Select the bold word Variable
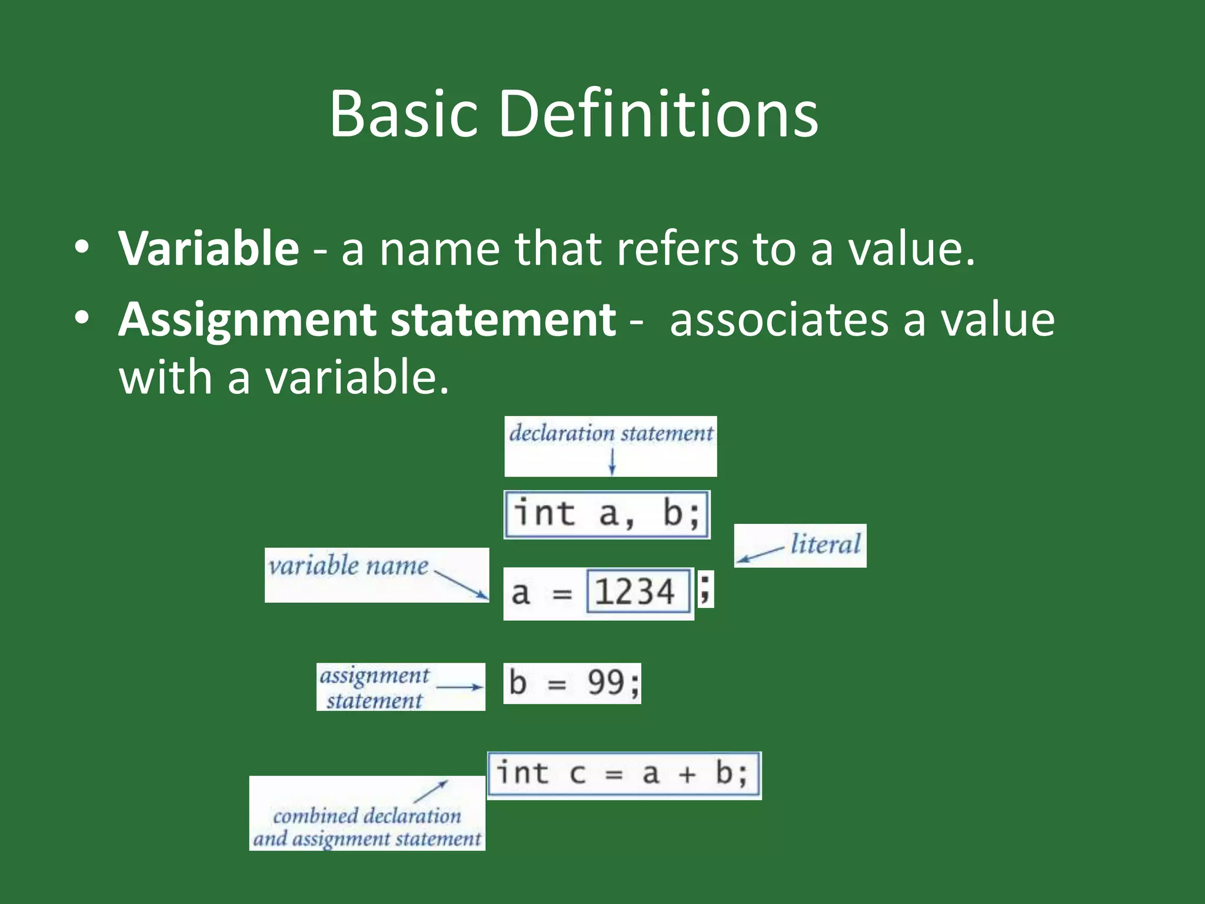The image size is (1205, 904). click(209, 249)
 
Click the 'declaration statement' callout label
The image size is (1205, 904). click(611, 434)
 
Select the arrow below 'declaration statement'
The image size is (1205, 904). click(612, 462)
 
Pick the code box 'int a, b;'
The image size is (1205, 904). click(607, 514)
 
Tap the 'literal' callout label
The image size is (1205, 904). click(825, 544)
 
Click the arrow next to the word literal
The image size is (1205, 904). click(760, 553)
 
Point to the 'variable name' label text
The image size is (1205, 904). click(348, 566)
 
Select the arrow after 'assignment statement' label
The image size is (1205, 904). click(460, 687)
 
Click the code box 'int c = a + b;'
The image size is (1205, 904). click(624, 775)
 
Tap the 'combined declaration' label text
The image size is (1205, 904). click(367, 816)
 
